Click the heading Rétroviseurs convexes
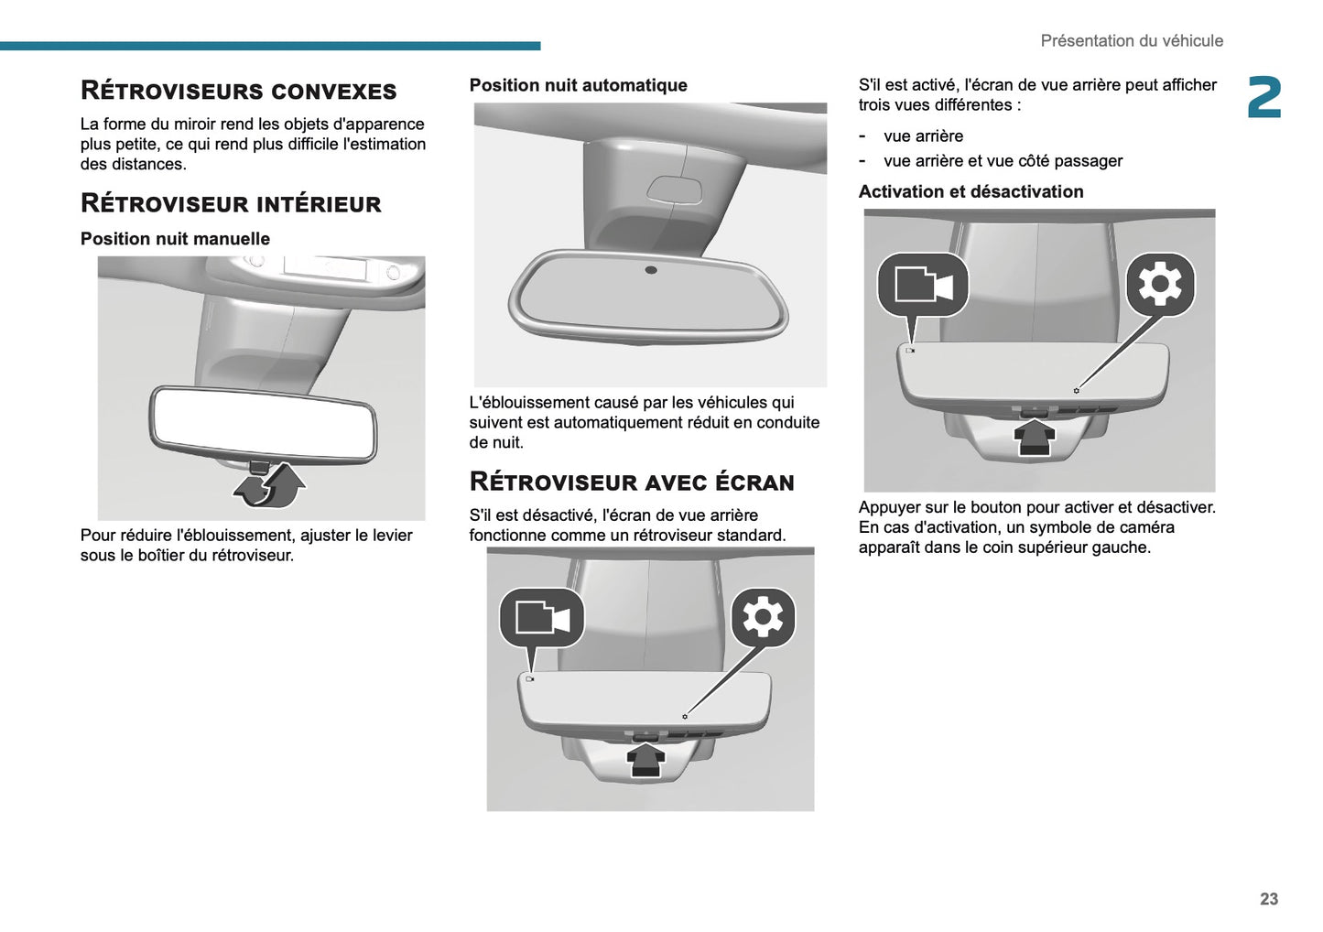click(238, 91)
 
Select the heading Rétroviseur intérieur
click(231, 203)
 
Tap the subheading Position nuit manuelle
click(175, 239)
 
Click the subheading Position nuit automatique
click(578, 85)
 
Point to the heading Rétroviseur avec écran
click(631, 482)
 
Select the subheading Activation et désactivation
click(971, 192)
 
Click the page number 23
click(1268, 899)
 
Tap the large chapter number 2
click(1264, 98)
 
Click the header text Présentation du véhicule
click(1131, 41)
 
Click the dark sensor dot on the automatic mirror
click(651, 270)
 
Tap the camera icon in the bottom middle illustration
click(541, 618)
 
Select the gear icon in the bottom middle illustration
click(763, 618)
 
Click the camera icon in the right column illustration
click(922, 285)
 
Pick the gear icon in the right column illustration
click(1159, 285)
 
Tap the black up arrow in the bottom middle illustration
click(646, 760)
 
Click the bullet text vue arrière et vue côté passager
click(1003, 161)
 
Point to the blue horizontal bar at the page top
click(270, 46)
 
